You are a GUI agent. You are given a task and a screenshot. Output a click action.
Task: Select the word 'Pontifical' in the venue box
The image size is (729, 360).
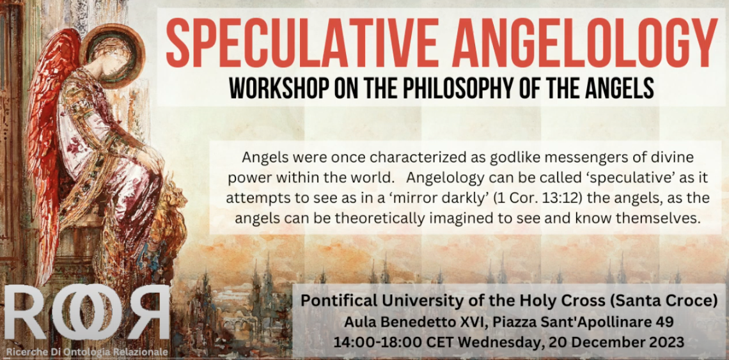(331, 301)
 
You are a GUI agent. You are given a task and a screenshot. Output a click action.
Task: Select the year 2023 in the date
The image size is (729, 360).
(669, 343)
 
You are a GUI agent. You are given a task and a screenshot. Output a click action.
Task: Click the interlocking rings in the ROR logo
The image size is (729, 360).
(88, 312)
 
